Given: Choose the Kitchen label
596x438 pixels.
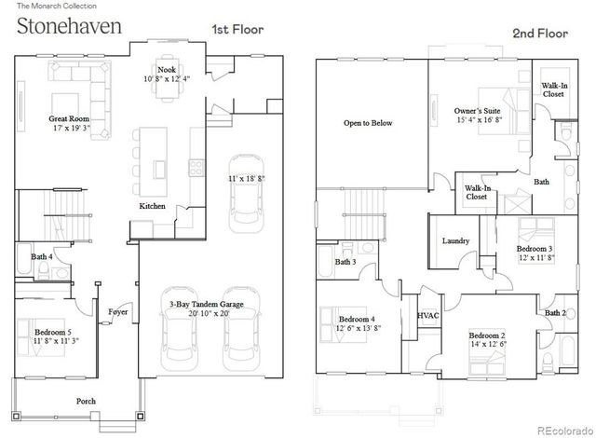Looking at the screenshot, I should point(153,205).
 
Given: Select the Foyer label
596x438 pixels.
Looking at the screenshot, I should point(117,312).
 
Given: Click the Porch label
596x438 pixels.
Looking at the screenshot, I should point(86,402).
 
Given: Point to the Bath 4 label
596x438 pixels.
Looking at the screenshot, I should point(41,256).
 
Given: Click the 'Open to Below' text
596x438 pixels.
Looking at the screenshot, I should point(368,122).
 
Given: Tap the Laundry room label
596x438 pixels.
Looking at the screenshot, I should point(454,240).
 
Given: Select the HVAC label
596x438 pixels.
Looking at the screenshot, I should point(428,316).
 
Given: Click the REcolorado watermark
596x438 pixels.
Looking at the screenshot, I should point(562,430).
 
